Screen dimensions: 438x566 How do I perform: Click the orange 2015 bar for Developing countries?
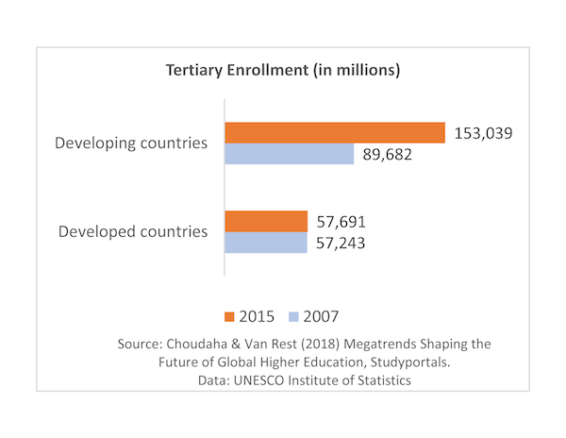tap(334, 133)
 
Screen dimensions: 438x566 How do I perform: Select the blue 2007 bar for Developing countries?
tap(289, 154)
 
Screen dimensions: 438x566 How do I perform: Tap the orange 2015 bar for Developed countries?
tap(266, 222)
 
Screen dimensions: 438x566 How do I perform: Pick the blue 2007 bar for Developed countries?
tap(266, 243)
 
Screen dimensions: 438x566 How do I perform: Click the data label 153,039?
tap(483, 133)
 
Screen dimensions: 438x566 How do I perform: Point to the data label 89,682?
tap(388, 154)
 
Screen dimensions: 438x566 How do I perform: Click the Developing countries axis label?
tap(131, 143)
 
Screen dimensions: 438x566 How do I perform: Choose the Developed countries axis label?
tap(133, 231)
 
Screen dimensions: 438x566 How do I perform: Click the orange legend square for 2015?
tap(228, 315)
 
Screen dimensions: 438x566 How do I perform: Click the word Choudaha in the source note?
tap(203, 342)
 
